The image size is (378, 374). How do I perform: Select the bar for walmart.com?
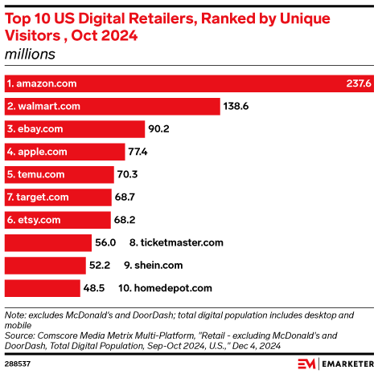pyautogui.click(x=113, y=106)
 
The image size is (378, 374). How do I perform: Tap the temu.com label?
pyautogui.click(x=37, y=173)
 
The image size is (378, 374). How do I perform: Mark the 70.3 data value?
pyautogui.click(x=131, y=173)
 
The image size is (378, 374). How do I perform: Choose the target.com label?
pyautogui.click(x=38, y=196)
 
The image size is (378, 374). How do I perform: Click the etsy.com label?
pyautogui.click(x=34, y=219)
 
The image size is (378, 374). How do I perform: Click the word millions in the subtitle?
pyautogui.click(x=30, y=55)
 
